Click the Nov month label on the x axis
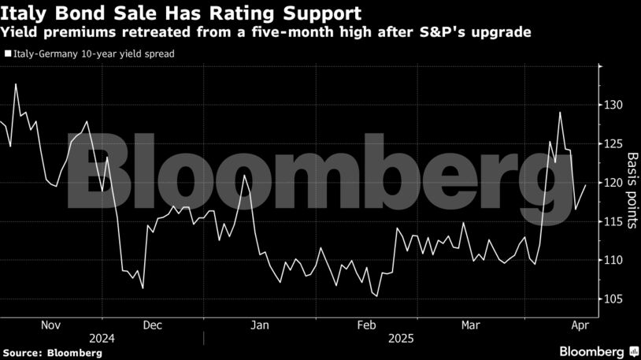[x=50, y=325]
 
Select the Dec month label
[x=153, y=325]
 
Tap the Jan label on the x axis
[x=260, y=325]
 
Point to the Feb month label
[x=366, y=325]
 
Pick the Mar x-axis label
[x=471, y=325]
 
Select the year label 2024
[x=102, y=338]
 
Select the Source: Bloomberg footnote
[x=51, y=353]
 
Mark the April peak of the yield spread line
[x=560, y=112]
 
